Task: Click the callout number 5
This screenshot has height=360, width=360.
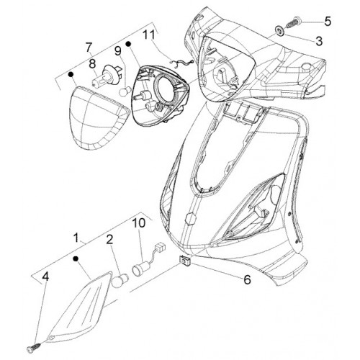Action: [328, 22]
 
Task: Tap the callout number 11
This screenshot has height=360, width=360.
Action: [150, 35]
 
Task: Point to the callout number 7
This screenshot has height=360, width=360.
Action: [89, 48]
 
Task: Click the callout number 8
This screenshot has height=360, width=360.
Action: [92, 63]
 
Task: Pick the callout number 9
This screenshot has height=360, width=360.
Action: [118, 50]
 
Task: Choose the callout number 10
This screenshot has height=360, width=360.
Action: [139, 222]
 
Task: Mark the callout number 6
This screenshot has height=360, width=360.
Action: [247, 279]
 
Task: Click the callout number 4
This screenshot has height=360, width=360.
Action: [45, 276]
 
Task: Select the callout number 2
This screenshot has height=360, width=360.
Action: [109, 240]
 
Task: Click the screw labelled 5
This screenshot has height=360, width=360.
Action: [293, 24]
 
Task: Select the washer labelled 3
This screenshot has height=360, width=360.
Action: [280, 31]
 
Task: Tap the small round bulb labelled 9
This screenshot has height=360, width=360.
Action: [125, 91]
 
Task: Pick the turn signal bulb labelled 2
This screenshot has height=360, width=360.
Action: [120, 280]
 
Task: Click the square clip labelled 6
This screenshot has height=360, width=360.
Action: [185, 261]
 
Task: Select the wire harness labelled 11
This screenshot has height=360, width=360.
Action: [181, 63]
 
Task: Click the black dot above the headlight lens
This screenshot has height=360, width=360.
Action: [71, 74]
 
